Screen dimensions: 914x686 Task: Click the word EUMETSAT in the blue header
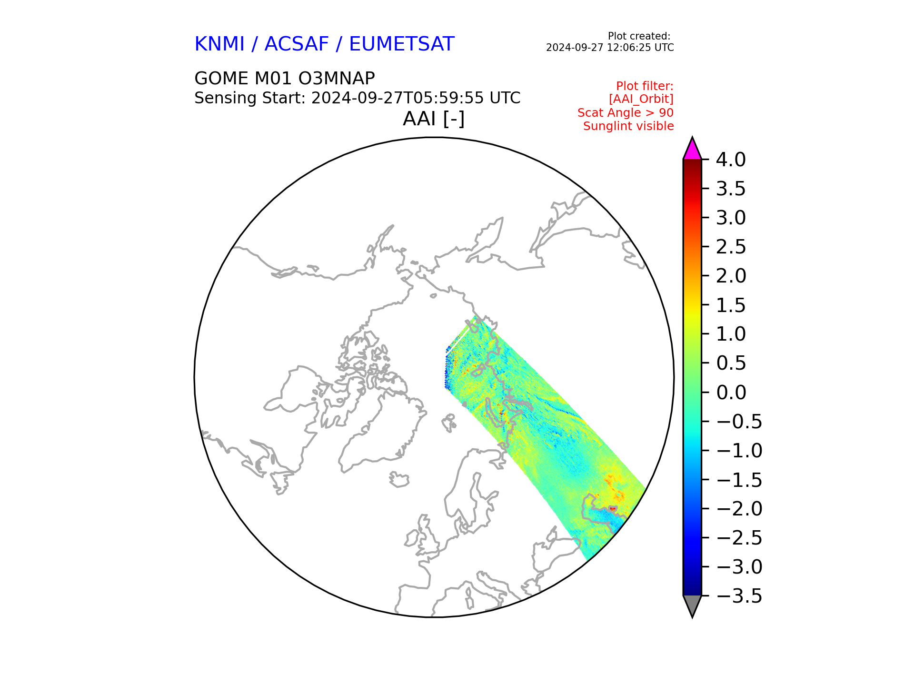pos(402,44)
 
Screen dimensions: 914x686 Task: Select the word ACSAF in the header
pos(297,44)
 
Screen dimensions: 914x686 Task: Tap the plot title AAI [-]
pos(434,119)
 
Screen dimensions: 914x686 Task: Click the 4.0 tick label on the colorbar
pos(731,160)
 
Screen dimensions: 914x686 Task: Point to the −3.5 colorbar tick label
pos(739,596)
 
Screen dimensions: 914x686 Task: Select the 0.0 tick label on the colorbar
pos(731,393)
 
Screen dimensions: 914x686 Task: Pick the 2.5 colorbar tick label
pos(731,247)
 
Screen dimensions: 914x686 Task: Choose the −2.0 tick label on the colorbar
pos(739,509)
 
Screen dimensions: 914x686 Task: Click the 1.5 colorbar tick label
pos(731,305)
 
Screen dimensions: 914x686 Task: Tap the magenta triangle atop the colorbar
pos(692,149)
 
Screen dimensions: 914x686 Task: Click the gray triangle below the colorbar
pos(692,606)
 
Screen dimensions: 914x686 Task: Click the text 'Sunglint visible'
pos(628,126)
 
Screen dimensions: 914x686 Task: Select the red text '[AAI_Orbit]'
pos(641,99)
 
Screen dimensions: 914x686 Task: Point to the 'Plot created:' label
pos(639,36)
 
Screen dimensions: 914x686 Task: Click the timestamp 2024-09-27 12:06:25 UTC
pos(610,48)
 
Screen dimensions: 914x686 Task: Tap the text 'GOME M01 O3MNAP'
pos(285,78)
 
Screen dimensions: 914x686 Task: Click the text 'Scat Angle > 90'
pos(626,113)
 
